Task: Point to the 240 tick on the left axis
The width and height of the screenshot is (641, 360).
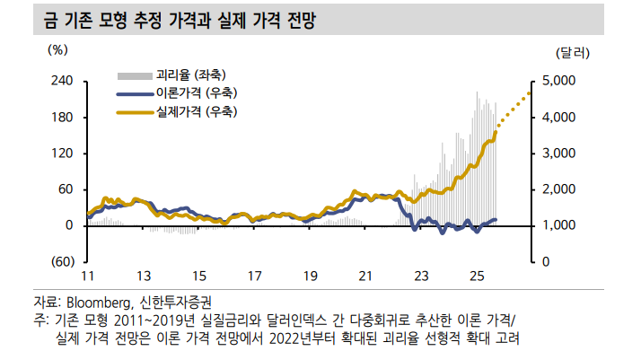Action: point(61,81)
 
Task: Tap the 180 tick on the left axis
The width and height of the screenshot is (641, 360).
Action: point(61,118)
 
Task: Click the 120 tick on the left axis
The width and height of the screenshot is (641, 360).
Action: point(61,154)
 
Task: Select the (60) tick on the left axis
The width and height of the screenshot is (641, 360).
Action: point(60,262)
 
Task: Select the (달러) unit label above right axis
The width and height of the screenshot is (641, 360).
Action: point(572,53)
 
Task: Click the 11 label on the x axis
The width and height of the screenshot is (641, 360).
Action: point(88,275)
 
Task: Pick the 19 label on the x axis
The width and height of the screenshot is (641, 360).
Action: point(310,275)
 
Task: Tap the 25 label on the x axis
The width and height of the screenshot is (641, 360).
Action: point(478,275)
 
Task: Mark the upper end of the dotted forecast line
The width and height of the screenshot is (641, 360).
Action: point(531,92)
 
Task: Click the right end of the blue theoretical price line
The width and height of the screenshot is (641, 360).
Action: point(496,219)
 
